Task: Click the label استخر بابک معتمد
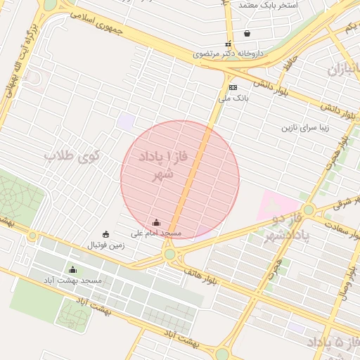tap(268, 5)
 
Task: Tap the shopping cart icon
tap(247, 33)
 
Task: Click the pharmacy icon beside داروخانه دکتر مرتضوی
tap(226, 42)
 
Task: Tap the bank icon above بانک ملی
tap(233, 88)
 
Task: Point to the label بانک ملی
tap(234, 99)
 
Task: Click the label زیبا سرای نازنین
tap(306, 129)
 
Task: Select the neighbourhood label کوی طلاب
tap(72, 156)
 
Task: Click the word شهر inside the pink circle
tap(163, 173)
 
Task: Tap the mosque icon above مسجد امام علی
tap(156, 222)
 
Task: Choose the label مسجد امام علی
tap(156, 233)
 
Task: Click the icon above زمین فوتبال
tap(105, 234)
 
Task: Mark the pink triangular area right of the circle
tap(271, 207)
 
